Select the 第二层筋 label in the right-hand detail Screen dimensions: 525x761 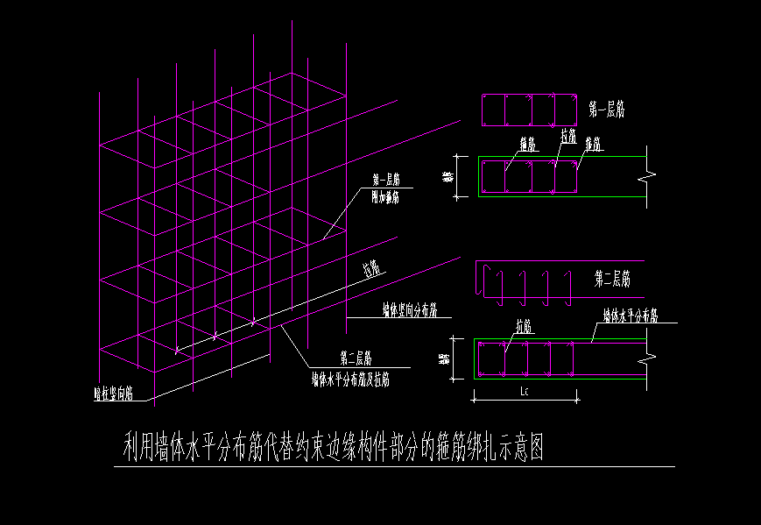(x=611, y=280)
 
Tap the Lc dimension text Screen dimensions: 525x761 (x=525, y=391)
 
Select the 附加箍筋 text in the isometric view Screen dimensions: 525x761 (x=385, y=198)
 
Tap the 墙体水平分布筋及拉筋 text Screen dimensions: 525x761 (x=350, y=380)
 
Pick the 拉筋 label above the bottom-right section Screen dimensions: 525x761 (x=525, y=326)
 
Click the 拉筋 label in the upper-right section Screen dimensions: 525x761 (x=567, y=137)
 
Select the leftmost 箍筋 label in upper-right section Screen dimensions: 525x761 (x=528, y=144)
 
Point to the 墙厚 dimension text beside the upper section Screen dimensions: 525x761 (x=448, y=177)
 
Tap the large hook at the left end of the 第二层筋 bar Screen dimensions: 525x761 (x=484, y=280)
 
